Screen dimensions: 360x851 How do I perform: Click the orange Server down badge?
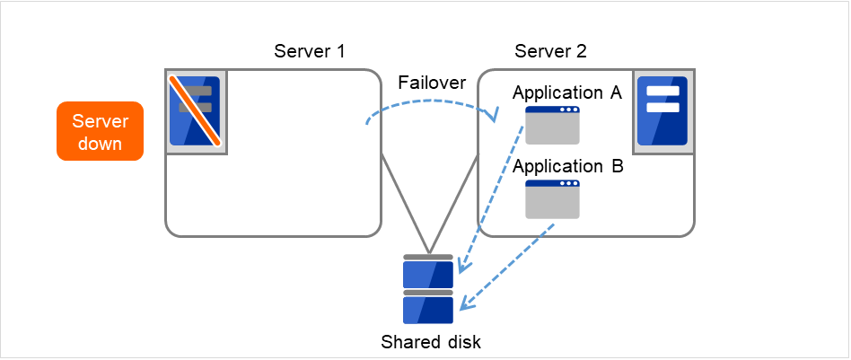(100, 131)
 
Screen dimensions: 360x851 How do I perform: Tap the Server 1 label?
(310, 50)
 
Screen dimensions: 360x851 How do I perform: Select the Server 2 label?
(550, 50)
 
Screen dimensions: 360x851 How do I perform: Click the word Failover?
(432, 83)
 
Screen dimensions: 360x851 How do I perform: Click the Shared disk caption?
(430, 341)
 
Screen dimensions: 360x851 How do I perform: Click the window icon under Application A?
(552, 125)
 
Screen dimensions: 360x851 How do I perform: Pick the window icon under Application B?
(552, 199)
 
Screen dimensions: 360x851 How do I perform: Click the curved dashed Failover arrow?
(431, 101)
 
